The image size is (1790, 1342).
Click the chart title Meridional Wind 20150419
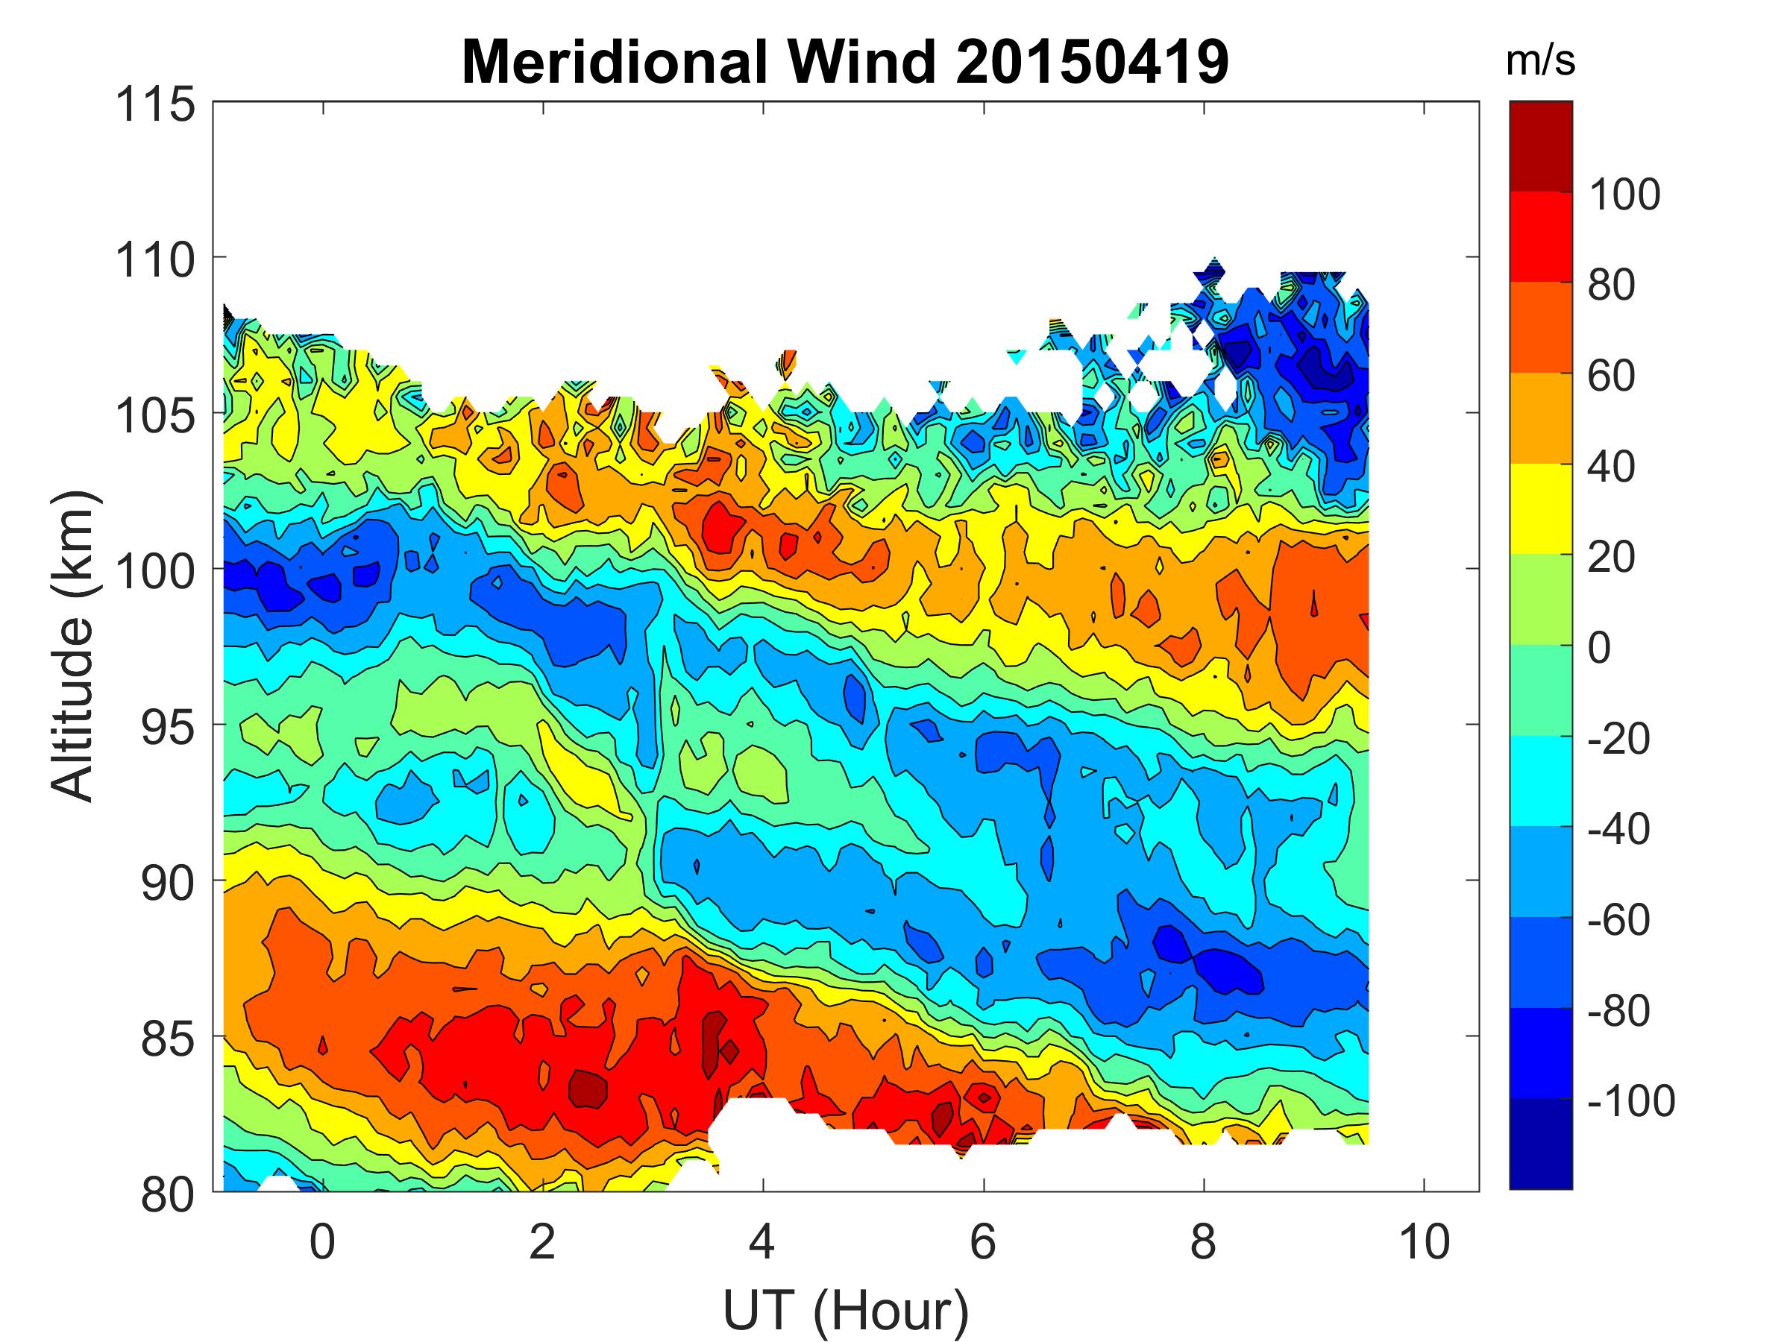[845, 61]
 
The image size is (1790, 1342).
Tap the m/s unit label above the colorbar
[1540, 61]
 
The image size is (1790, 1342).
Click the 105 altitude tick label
[155, 416]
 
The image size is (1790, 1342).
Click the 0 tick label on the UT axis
[322, 1241]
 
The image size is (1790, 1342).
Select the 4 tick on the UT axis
[762, 1241]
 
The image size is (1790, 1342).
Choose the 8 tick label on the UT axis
[1203, 1241]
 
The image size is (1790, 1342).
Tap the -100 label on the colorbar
[1630, 1101]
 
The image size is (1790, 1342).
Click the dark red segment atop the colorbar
[1541, 146]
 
